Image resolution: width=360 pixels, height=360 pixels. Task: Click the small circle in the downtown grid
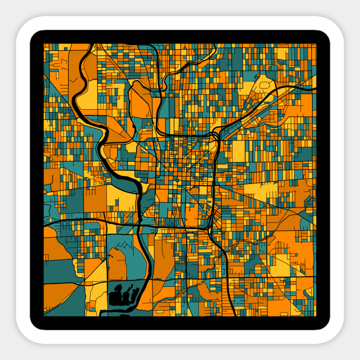[x=177, y=182]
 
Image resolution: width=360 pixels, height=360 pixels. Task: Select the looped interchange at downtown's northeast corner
[x=217, y=137]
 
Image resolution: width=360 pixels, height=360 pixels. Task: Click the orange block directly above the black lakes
[x=117, y=266]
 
